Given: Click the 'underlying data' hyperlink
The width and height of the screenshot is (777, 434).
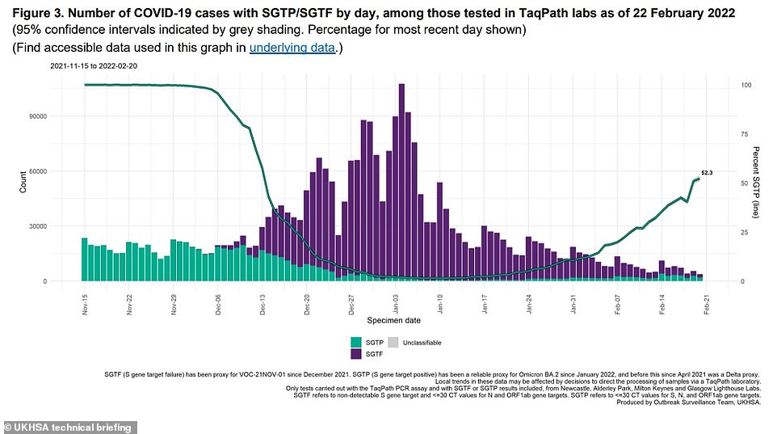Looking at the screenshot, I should [291, 48].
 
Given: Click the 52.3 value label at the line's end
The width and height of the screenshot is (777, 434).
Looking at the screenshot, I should [707, 172].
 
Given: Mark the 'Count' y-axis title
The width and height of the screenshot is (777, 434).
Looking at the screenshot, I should [23, 183].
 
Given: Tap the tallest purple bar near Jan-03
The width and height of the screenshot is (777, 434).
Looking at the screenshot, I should [401, 182].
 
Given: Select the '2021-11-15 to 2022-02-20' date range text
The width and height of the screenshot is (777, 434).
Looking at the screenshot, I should [94, 65].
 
